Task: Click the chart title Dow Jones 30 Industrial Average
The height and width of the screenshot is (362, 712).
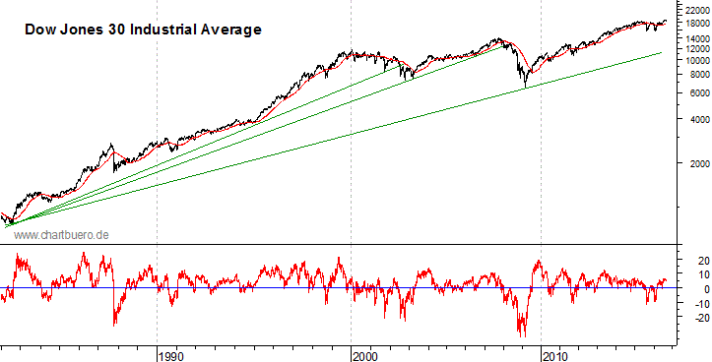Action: pos(142,30)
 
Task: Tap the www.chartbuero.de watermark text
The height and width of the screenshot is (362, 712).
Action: pos(60,235)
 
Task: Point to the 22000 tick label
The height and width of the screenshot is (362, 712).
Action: pos(691,9)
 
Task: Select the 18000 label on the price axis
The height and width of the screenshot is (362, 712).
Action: pos(691,23)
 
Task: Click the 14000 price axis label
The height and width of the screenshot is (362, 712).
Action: pos(691,38)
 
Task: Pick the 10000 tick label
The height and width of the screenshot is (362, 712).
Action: pos(691,60)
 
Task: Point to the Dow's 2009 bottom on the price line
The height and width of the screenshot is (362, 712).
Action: pos(525,88)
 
